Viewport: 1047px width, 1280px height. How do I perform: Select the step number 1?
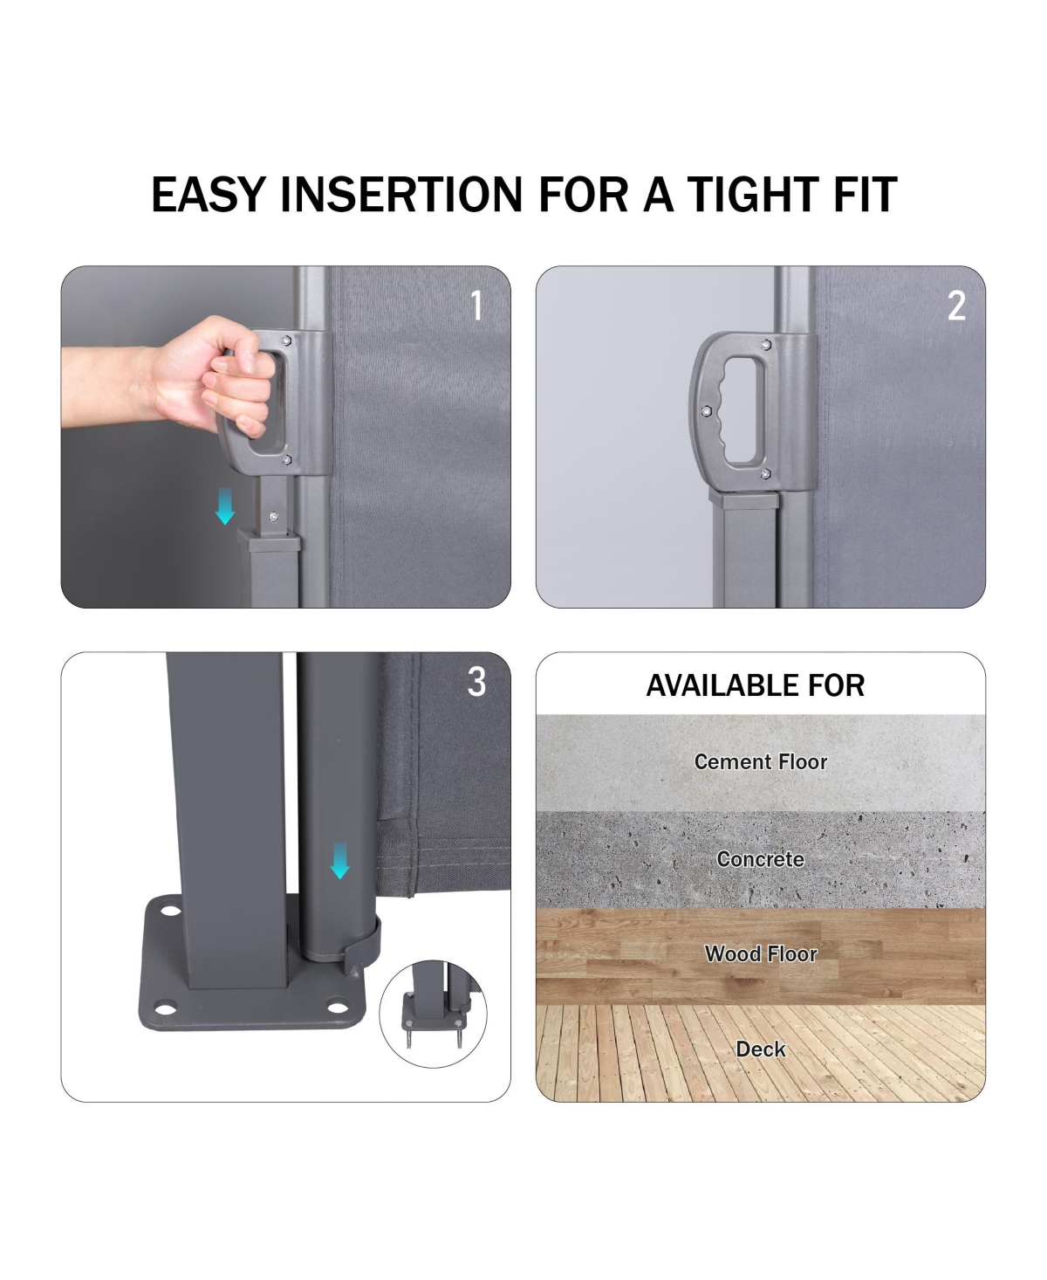click(477, 306)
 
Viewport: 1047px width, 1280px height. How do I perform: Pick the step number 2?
click(956, 306)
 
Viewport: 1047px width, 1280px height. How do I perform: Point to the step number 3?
click(476, 682)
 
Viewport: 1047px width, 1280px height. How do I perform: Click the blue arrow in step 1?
click(225, 506)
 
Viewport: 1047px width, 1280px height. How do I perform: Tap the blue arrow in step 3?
click(339, 860)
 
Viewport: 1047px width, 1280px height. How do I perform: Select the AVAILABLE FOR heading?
click(756, 685)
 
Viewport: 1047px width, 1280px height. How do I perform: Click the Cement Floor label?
click(761, 761)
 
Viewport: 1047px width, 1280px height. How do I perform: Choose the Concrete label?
click(761, 859)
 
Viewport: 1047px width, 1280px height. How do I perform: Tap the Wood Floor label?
click(761, 953)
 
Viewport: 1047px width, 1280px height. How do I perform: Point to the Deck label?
click(761, 1049)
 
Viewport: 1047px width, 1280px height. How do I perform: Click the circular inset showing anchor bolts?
click(433, 1014)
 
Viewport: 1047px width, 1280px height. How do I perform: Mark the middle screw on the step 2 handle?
click(706, 411)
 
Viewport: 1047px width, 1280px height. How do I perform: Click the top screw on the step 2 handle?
click(766, 345)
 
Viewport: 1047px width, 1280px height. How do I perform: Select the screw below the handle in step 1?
click(273, 517)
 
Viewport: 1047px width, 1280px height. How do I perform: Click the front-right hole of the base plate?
click(338, 1008)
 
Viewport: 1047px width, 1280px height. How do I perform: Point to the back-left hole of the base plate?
click(170, 911)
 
